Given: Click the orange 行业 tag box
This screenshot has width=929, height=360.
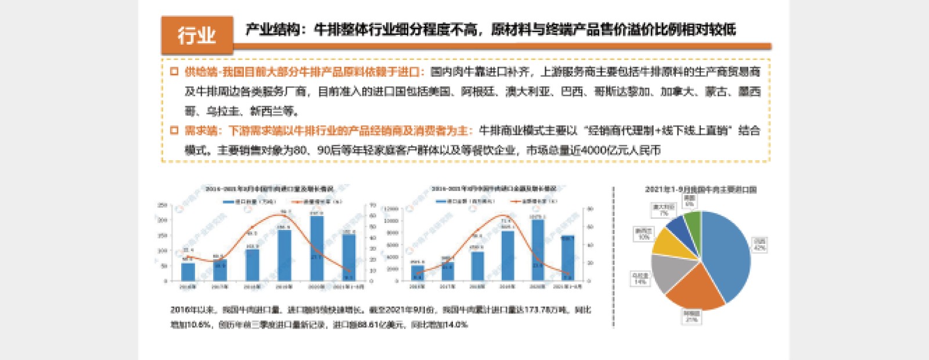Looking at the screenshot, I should tap(197, 35).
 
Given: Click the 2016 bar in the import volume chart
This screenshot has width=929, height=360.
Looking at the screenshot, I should tap(188, 272).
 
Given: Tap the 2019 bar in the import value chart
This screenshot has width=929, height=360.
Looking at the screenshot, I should tap(508, 255).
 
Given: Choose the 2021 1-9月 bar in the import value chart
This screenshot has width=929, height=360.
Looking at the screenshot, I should tap(567, 258).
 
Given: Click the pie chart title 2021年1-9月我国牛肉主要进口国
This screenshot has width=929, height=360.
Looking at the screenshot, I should tap(700, 189).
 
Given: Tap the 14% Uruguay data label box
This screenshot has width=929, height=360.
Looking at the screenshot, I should tap(640, 279).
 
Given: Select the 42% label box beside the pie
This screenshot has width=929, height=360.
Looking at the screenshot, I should tap(759, 244).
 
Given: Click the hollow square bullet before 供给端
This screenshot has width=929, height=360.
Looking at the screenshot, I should tap(174, 71).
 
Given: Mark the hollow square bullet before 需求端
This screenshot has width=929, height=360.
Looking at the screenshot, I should tap(174, 131).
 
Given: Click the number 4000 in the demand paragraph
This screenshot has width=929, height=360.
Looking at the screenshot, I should tap(593, 150).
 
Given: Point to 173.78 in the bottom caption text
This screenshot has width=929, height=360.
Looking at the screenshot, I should tap(537, 310).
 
